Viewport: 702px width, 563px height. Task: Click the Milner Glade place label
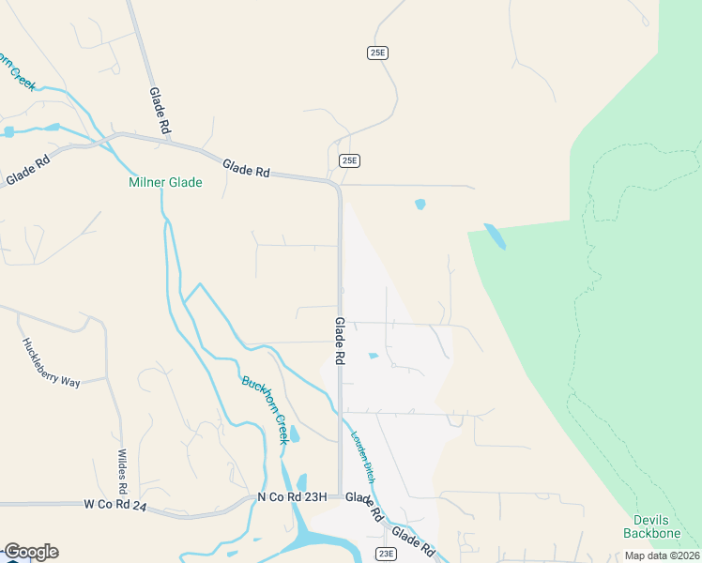click(165, 182)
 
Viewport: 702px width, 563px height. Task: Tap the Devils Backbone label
click(650, 527)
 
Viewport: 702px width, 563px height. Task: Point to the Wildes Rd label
click(121, 473)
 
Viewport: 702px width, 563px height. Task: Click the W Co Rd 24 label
click(115, 504)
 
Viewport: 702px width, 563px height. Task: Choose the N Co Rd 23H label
click(292, 497)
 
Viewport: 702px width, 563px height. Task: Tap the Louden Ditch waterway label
click(364, 457)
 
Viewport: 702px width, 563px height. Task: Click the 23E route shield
click(386, 554)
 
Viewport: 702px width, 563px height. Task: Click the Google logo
click(31, 552)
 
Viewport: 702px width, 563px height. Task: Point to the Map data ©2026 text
click(662, 555)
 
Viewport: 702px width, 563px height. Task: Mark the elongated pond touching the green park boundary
click(495, 236)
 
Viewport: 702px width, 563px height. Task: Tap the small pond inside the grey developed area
click(374, 356)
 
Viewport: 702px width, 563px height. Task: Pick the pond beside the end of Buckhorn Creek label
click(295, 434)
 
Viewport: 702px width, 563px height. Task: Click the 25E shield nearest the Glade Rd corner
click(349, 160)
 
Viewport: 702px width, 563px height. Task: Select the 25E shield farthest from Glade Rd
click(377, 53)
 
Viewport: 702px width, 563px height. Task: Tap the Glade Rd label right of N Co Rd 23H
click(364, 508)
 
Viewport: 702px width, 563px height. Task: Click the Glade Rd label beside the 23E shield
click(413, 542)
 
